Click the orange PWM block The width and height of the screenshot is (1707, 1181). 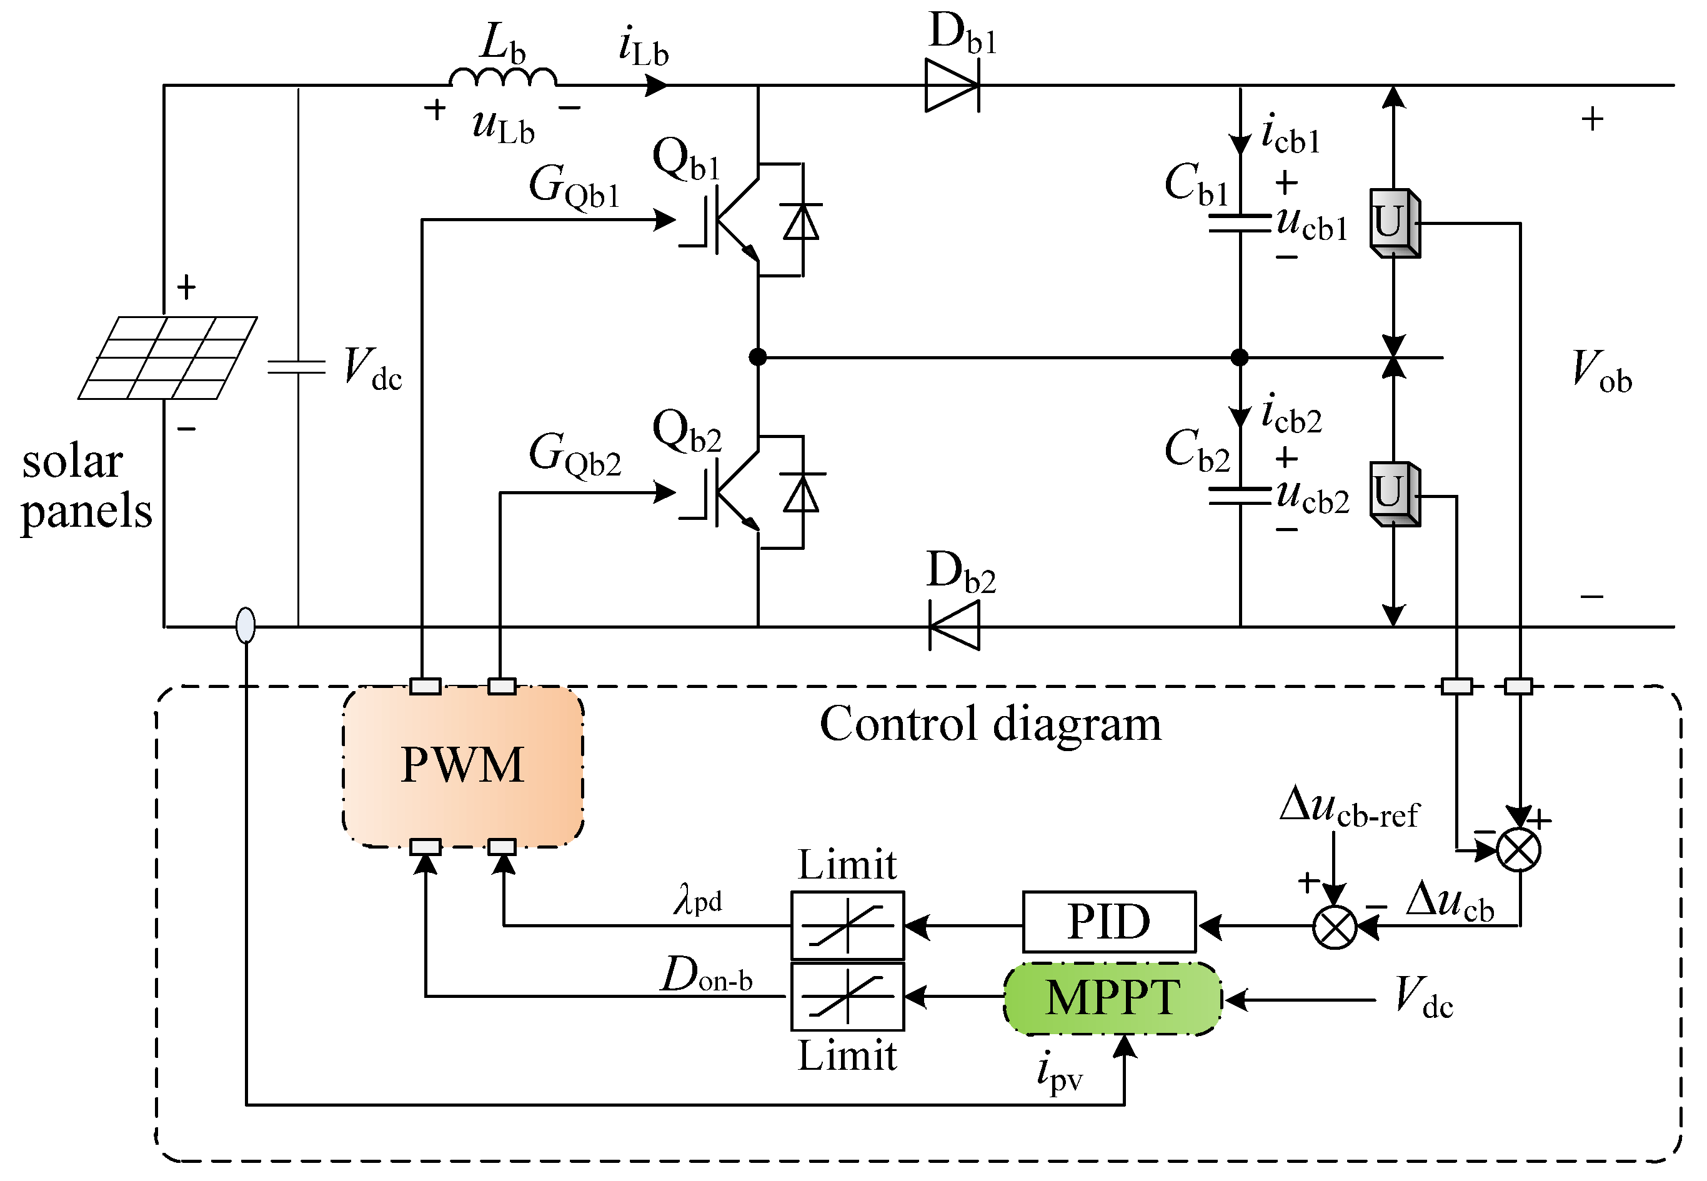pyautogui.click(x=462, y=766)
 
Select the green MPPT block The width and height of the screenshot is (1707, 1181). pyautogui.click(x=1112, y=999)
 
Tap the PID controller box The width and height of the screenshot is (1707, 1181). pyautogui.click(x=1108, y=922)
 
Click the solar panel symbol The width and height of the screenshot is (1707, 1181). pyautogui.click(x=168, y=358)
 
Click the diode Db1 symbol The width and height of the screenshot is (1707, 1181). pyautogui.click(x=952, y=86)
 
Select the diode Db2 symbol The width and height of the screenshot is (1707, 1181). pyautogui.click(x=955, y=626)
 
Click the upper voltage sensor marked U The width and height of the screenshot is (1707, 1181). pyautogui.click(x=1394, y=222)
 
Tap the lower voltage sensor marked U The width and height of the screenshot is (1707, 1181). pyautogui.click(x=1394, y=494)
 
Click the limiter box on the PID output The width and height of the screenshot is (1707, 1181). pyautogui.click(x=847, y=925)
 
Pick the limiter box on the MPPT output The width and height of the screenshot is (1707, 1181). pyautogui.click(x=847, y=997)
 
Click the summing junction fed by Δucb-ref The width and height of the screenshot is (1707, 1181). pyautogui.click(x=1334, y=927)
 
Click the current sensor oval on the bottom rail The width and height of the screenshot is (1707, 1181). pyautogui.click(x=246, y=625)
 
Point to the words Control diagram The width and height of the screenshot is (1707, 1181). pyautogui.click(x=990, y=724)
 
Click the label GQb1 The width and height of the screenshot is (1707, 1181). pyautogui.click(x=574, y=186)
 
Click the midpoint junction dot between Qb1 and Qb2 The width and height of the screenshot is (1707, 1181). pyautogui.click(x=758, y=357)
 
